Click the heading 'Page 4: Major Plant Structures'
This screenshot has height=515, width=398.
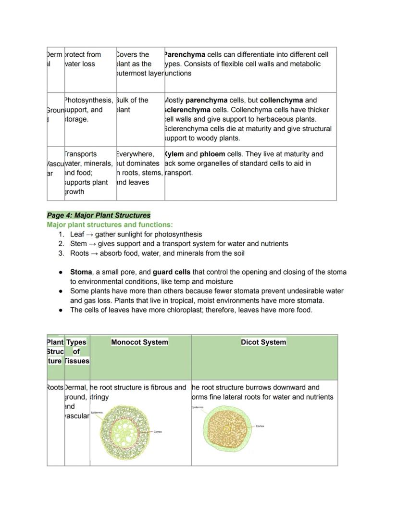point(99,215)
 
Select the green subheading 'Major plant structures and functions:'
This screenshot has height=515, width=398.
point(110,225)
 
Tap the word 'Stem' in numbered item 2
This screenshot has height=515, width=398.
point(78,244)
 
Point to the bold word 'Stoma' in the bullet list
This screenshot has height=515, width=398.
point(81,272)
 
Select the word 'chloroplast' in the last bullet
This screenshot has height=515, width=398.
point(173,310)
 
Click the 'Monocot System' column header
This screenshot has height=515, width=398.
point(139,342)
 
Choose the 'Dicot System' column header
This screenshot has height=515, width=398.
point(263,342)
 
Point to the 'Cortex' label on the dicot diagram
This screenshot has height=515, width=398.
point(260,426)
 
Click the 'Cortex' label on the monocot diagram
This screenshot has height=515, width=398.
point(158,432)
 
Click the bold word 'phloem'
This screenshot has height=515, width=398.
point(212,154)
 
